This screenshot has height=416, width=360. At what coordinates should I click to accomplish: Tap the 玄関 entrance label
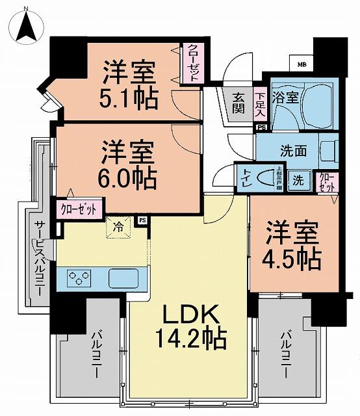238,102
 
